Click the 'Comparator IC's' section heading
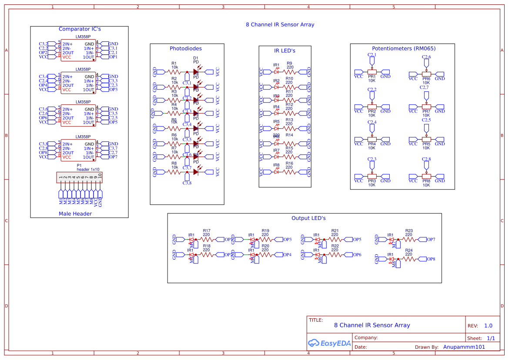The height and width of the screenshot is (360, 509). (x=80, y=29)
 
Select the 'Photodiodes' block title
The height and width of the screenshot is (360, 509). (x=185, y=49)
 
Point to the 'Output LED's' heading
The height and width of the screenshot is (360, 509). (x=308, y=218)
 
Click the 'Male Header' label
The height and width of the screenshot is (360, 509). (x=75, y=214)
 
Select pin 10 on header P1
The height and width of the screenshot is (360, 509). (x=100, y=177)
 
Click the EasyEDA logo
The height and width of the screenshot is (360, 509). (x=326, y=343)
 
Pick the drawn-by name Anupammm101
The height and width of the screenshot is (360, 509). (x=464, y=347)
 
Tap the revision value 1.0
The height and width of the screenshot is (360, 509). (x=488, y=326)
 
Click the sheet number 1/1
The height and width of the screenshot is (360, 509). (x=491, y=338)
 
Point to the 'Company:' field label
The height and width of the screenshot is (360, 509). (x=366, y=338)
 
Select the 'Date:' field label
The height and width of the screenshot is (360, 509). (x=361, y=347)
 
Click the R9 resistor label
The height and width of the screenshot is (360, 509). (x=289, y=63)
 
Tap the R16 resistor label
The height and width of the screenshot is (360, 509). (x=289, y=163)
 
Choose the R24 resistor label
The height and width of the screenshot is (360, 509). (x=409, y=250)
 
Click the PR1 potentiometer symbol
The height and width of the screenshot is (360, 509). (x=372, y=72)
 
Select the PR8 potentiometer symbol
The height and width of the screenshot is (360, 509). (x=426, y=177)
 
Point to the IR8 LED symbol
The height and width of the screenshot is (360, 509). (x=276, y=172)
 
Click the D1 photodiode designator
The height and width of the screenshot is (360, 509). (x=196, y=58)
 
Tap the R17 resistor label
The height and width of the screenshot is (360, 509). (x=206, y=231)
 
